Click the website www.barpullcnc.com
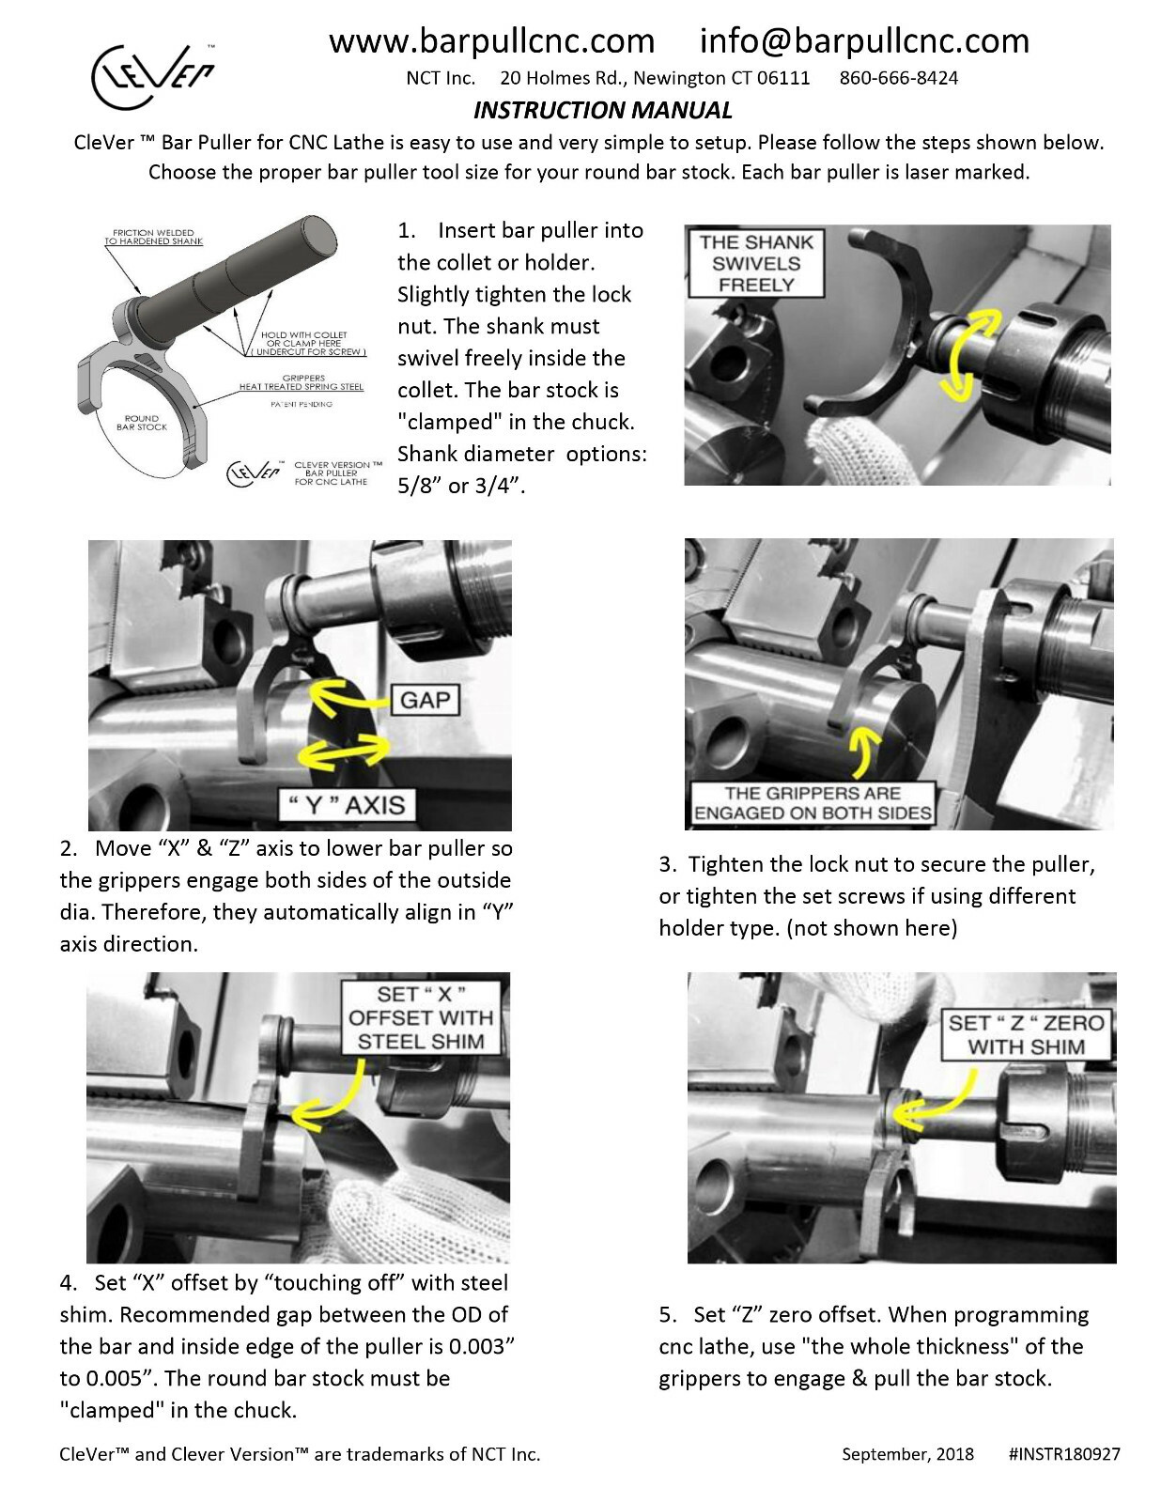[x=491, y=41]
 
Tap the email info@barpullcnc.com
[x=864, y=41]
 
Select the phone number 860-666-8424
[x=898, y=78]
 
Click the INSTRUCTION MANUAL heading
[x=602, y=111]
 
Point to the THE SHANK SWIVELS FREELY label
[x=755, y=263]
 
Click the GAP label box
[x=425, y=700]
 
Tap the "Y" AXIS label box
[x=346, y=805]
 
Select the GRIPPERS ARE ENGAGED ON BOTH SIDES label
[x=813, y=803]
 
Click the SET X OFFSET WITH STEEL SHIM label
[x=420, y=1017]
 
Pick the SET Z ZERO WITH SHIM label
[x=1026, y=1034]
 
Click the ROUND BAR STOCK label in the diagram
[x=141, y=423]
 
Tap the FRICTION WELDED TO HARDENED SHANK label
[x=153, y=237]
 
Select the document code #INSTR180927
[x=1063, y=1454]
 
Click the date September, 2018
[x=907, y=1454]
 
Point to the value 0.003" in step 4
[x=483, y=1346]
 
